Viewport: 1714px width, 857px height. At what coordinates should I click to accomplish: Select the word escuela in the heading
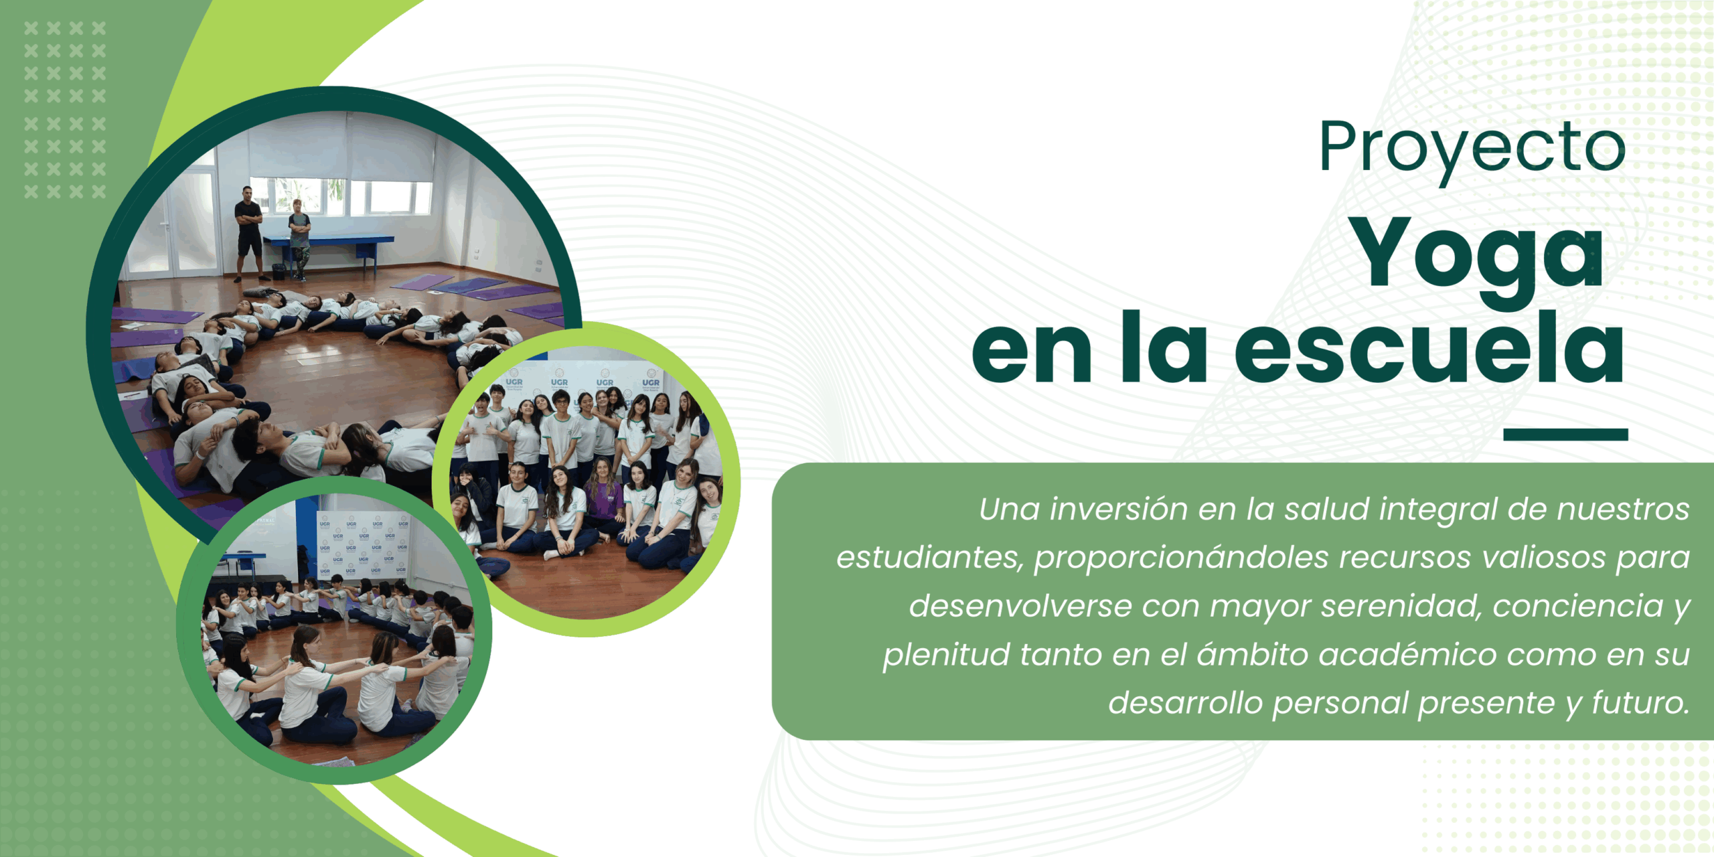pyautogui.click(x=1429, y=348)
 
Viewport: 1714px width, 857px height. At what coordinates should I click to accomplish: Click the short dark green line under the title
pyautogui.click(x=1565, y=435)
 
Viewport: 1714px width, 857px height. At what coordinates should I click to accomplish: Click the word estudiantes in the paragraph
pyautogui.click(x=930, y=558)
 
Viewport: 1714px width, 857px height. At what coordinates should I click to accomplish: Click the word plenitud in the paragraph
pyautogui.click(x=947, y=655)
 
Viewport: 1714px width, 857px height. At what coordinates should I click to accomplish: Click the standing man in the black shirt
pyautogui.click(x=248, y=233)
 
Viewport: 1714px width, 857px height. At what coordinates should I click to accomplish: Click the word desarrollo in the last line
pyautogui.click(x=1185, y=703)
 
